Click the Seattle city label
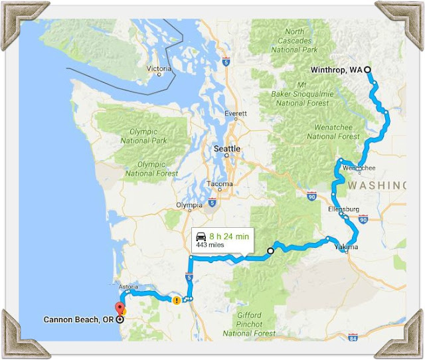226,149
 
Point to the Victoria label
159,68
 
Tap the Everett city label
236,114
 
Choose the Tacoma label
220,184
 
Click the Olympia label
189,205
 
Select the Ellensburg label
343,209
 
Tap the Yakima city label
346,247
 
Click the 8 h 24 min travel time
229,236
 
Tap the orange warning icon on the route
176,300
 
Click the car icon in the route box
200,236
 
